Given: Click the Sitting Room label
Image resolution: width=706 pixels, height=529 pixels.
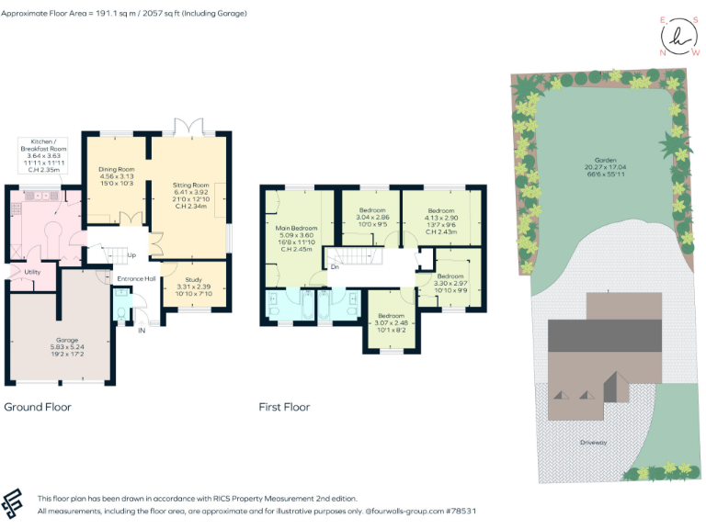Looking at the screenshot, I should click(191, 185).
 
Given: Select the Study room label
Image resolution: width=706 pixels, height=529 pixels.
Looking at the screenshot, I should click(193, 279).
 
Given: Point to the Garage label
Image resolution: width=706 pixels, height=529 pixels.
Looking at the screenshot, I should click(66, 340).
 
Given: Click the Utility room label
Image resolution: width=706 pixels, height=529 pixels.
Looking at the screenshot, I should click(31, 272).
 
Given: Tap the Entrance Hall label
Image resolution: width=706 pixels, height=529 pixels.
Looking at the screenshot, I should click(135, 278).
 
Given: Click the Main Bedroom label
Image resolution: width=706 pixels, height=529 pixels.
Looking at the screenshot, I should click(296, 227).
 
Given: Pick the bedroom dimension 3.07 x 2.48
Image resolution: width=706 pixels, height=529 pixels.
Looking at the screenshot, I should click(391, 322).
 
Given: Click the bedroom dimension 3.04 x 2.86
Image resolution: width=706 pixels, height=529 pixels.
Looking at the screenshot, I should click(372, 219).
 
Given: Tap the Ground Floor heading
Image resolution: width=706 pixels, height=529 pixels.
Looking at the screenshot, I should click(38, 407).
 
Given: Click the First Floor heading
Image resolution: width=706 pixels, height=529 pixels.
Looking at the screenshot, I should click(284, 407).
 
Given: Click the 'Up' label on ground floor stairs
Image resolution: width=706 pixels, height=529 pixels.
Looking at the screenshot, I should click(131, 255).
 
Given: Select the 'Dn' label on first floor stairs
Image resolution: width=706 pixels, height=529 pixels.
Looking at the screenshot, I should click(335, 267).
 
